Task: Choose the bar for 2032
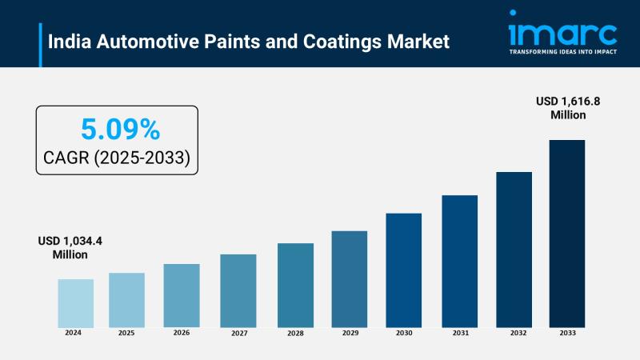514,249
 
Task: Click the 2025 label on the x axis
127,332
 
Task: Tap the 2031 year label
460,332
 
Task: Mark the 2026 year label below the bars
182,332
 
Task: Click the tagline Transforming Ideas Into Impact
562,52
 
